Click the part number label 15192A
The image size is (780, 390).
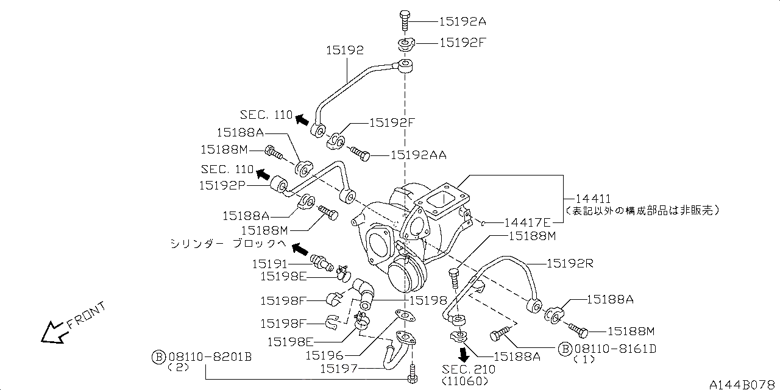click(463, 21)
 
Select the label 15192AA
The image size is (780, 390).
click(418, 155)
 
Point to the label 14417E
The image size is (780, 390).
click(527, 222)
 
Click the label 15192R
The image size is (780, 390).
click(570, 264)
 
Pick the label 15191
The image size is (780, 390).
click(270, 264)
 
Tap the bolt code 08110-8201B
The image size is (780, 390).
click(209, 356)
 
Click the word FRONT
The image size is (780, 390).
click(86, 315)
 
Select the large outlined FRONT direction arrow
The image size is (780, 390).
click(52, 332)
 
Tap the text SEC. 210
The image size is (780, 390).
click(469, 369)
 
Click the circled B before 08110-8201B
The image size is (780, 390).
click(158, 356)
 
